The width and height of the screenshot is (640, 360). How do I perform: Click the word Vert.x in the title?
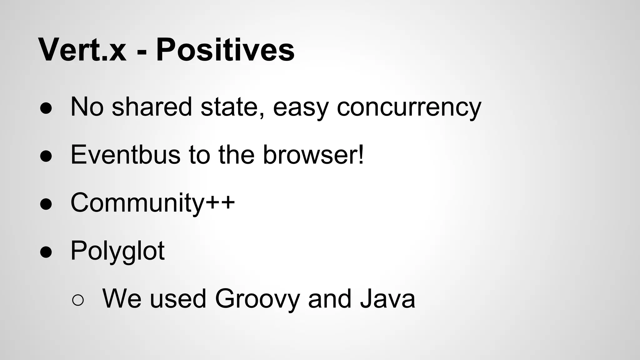82,50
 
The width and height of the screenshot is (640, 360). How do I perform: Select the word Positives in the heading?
225,50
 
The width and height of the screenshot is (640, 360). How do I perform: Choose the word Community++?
152,203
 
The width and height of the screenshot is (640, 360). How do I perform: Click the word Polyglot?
117,251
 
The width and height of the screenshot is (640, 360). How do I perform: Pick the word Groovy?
257,299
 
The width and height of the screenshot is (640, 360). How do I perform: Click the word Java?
387,299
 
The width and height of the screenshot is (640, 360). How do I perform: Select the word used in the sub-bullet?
178,299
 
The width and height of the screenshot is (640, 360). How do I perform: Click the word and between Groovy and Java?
329,299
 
